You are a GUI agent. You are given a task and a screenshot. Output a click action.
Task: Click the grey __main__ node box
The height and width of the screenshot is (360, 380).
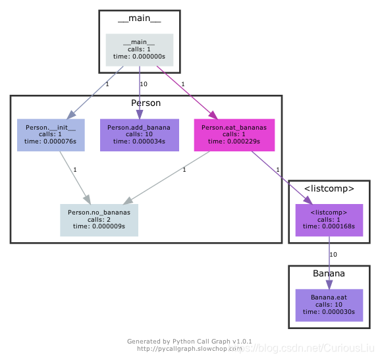pyautogui.click(x=140, y=50)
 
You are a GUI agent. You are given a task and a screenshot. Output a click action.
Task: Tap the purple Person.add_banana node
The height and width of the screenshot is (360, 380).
pyautogui.click(x=139, y=135)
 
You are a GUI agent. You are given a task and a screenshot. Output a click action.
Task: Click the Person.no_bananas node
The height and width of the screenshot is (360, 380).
pyautogui.click(x=99, y=220)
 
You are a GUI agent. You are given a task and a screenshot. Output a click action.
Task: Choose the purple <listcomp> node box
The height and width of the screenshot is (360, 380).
pyautogui.click(x=329, y=220)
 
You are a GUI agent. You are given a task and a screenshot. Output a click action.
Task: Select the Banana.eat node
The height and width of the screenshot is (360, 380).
pyautogui.click(x=329, y=305)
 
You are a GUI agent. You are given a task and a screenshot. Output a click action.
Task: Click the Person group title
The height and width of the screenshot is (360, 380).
pyautogui.click(x=146, y=103)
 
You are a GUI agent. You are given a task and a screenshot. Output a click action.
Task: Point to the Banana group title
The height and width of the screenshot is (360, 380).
pyautogui.click(x=329, y=273)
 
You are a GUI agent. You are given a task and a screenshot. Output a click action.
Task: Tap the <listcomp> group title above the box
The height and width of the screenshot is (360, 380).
pyautogui.click(x=329, y=189)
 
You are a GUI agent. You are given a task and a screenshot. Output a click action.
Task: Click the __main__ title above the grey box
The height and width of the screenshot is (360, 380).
pyautogui.click(x=140, y=18)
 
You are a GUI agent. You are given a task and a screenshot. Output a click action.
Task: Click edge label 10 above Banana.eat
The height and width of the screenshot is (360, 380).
pyautogui.click(x=333, y=254)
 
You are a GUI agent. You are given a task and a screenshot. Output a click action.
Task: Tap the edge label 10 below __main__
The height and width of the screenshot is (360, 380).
pyautogui.click(x=144, y=84)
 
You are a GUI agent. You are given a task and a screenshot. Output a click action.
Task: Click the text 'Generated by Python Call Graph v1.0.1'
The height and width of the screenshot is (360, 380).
pyautogui.click(x=189, y=342)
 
